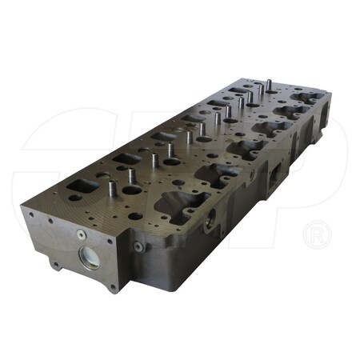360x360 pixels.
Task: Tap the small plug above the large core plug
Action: (81, 234)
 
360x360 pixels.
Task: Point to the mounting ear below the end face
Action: (55, 260)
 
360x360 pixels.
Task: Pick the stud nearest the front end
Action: (112, 189)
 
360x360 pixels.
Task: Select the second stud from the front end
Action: (154, 160)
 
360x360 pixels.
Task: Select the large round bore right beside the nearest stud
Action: (130, 191)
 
